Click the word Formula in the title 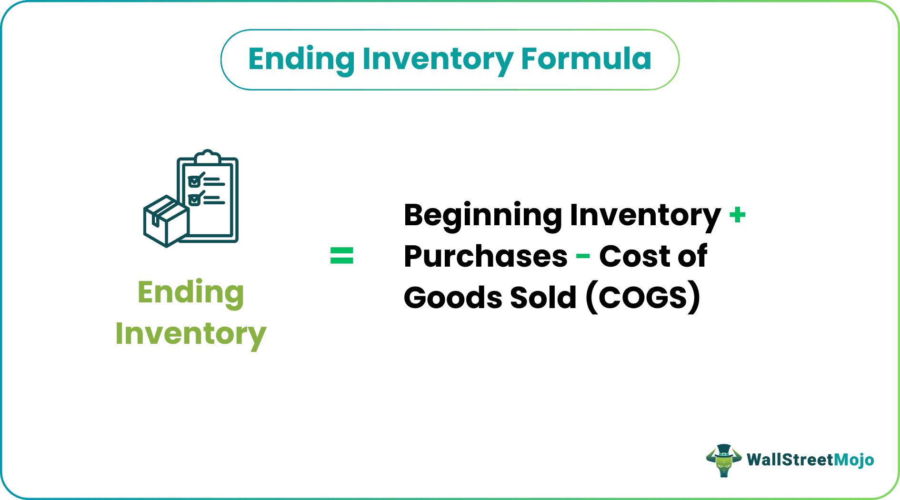[x=586, y=59]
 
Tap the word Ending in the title [x=301, y=59]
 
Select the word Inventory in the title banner [x=437, y=59]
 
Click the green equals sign [x=342, y=256]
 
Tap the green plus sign [x=737, y=215]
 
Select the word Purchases [x=485, y=256]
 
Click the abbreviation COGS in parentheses [x=643, y=298]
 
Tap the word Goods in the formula [x=452, y=298]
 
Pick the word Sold [x=543, y=298]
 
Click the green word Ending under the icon [x=190, y=292]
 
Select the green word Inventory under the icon [x=190, y=333]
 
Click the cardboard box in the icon [x=166, y=221]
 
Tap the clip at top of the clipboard [x=208, y=157]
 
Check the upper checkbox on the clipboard [x=194, y=181]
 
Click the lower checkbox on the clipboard [x=194, y=199]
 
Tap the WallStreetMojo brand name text [x=810, y=460]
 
